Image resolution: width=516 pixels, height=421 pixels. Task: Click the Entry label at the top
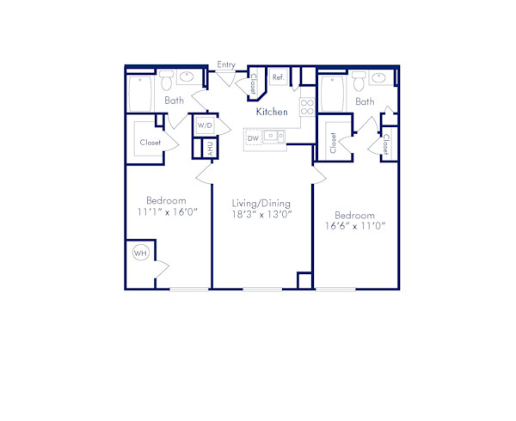[226, 64]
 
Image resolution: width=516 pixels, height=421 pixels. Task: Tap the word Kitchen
[271, 112]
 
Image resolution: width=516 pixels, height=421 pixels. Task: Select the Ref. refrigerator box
[278, 77]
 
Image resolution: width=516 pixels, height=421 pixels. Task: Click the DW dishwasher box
[253, 137]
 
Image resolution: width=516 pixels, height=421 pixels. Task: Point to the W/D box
[205, 125]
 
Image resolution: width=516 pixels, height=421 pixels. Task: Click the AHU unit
[207, 148]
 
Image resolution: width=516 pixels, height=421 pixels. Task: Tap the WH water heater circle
[140, 253]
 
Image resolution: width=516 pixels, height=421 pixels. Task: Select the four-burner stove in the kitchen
[306, 107]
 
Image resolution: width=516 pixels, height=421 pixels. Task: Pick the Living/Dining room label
[261, 204]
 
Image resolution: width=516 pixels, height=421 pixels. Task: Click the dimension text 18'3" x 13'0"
[261, 217]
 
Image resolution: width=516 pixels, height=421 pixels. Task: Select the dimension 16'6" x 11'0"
[354, 227]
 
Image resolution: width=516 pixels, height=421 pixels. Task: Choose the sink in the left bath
[187, 78]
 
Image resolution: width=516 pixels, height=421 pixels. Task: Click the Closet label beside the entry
[255, 83]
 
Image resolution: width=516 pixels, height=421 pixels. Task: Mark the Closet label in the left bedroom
[150, 143]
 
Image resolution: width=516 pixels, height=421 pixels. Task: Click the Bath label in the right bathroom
[365, 101]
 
